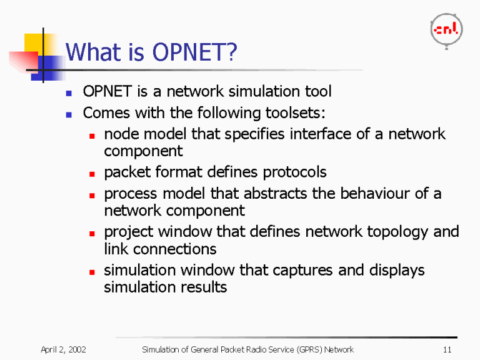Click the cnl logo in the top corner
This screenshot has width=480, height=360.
(446, 29)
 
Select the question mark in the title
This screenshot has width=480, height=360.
(231, 52)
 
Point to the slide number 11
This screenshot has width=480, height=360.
(446, 349)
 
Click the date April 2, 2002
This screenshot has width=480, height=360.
(63, 349)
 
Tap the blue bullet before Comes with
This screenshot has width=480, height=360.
(69, 114)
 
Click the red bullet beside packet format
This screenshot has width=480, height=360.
(91, 173)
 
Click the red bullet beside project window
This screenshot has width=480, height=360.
(91, 233)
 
